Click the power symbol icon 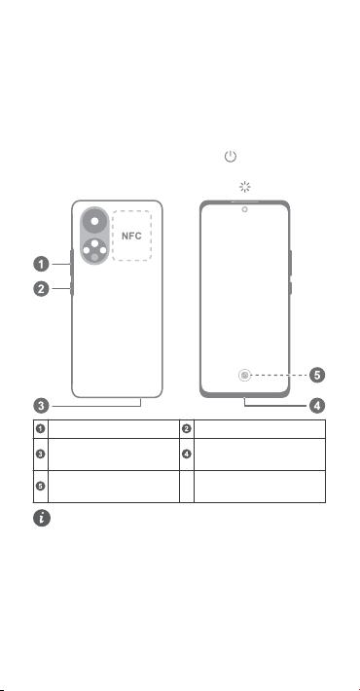pos(231,157)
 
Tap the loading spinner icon pos(244,187)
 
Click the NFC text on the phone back pos(131,236)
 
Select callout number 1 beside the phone pos(42,265)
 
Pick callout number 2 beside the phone pos(42,289)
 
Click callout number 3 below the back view pos(42,406)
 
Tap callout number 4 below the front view pos(317,406)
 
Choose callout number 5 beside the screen pos(317,376)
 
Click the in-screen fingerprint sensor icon pos(244,375)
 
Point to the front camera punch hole pos(244,209)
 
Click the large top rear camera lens pos(94,221)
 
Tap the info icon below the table pos(42,518)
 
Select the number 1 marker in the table pos(41,429)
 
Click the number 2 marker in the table pos(187,429)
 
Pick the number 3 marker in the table pos(41,454)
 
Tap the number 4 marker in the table pos(187,454)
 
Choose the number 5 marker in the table pos(41,486)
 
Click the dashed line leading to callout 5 pos(279,376)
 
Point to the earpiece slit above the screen pos(244,201)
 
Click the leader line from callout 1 pos(61,265)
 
